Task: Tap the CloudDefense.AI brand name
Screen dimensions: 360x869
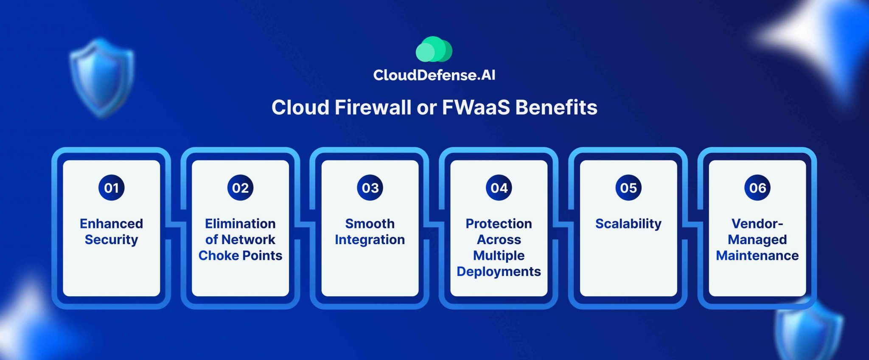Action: pyautogui.click(x=434, y=75)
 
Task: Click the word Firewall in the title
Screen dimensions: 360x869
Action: pyautogui.click(x=373, y=107)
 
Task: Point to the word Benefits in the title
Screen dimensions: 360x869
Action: pyautogui.click(x=556, y=107)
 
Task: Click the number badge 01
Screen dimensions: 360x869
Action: pyautogui.click(x=111, y=188)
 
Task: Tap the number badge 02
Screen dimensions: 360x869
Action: pyautogui.click(x=240, y=188)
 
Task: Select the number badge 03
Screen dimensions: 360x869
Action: pyautogui.click(x=370, y=188)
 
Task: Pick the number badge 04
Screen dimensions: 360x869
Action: pyautogui.click(x=499, y=188)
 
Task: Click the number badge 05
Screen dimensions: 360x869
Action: pyautogui.click(x=628, y=188)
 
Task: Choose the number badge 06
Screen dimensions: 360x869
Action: pyautogui.click(x=757, y=188)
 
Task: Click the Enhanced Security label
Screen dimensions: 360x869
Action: pyautogui.click(x=111, y=231)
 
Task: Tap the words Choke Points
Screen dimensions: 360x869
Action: pyautogui.click(x=240, y=256)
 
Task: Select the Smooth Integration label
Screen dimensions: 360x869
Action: pyautogui.click(x=370, y=231)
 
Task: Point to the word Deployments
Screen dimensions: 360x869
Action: pyautogui.click(x=499, y=272)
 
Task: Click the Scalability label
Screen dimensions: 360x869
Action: pyautogui.click(x=628, y=224)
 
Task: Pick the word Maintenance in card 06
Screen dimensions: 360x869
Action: pyautogui.click(x=757, y=256)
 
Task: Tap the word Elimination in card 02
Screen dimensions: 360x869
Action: pyautogui.click(x=240, y=224)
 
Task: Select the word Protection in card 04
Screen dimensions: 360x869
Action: pyautogui.click(x=499, y=224)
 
